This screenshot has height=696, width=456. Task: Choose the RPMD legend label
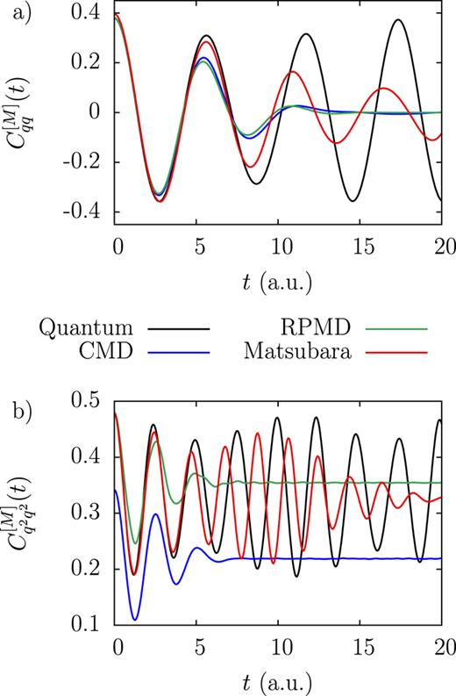pos(317,328)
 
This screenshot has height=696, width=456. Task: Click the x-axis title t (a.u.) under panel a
pos(280,283)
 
